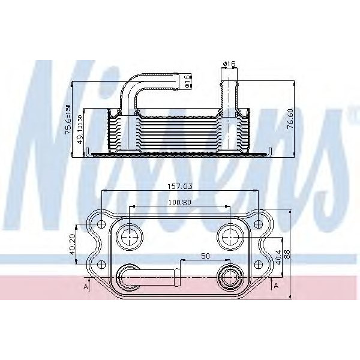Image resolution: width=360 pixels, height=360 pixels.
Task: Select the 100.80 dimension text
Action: click(x=179, y=202)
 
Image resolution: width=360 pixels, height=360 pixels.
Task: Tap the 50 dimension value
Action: click(x=206, y=256)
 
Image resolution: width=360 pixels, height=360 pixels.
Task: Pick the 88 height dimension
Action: click(x=287, y=253)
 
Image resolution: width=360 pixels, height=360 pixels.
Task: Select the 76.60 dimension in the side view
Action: click(x=290, y=118)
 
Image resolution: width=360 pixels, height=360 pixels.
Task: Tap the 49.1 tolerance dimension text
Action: click(x=79, y=132)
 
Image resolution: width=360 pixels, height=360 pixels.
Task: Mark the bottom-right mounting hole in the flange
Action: click(x=259, y=263)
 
